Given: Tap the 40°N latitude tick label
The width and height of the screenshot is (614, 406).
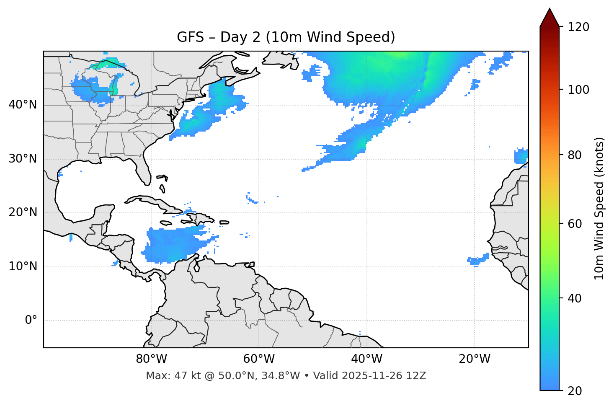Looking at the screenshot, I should point(23,105).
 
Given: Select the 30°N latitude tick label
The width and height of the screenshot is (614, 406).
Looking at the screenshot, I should point(23,159).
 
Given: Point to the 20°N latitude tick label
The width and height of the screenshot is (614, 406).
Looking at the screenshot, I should point(23,212).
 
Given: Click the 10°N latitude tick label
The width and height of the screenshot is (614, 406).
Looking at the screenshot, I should point(23,266).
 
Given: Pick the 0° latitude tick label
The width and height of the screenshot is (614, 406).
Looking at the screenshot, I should point(31,321).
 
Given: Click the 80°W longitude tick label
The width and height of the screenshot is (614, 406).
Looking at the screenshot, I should point(151,359).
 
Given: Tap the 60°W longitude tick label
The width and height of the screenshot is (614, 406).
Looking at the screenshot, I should point(259,359).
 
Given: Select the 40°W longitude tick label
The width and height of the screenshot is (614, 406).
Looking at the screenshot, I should point(366,359).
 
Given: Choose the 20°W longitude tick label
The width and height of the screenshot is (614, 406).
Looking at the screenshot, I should point(475,359).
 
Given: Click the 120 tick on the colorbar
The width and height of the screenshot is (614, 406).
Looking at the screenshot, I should point(578,27).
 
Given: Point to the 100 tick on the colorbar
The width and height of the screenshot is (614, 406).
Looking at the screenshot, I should point(578,90).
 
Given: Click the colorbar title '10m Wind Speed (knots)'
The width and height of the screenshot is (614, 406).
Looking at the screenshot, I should point(599,208).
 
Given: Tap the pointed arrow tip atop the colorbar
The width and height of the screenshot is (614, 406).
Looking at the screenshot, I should point(550,9).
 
